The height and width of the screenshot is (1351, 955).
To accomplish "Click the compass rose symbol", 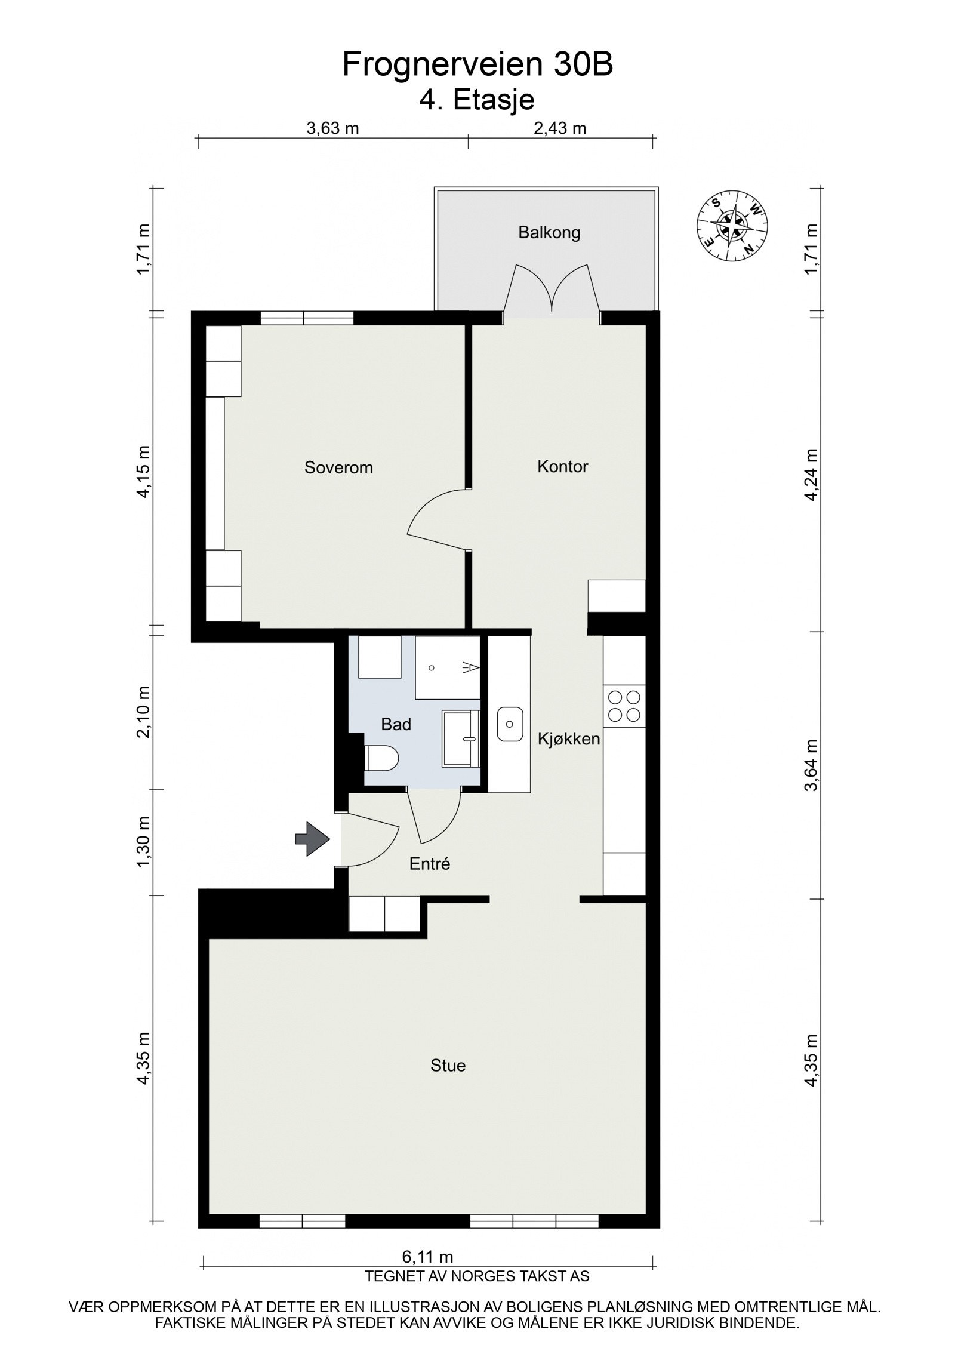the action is (x=732, y=225).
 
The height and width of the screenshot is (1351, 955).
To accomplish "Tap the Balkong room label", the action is (x=549, y=232).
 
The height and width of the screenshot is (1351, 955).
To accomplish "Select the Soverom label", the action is (x=338, y=467).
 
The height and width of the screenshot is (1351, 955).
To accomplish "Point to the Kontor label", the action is (x=562, y=466).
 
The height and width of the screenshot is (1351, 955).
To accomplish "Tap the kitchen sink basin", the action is (x=510, y=725).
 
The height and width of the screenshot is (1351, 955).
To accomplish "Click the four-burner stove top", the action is (x=624, y=706).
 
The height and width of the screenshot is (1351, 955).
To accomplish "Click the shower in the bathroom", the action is (x=448, y=667).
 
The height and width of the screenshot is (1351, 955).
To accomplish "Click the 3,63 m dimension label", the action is (x=332, y=128).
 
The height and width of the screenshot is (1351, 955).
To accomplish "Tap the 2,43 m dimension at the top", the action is (x=560, y=128).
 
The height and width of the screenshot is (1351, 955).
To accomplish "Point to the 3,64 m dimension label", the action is (x=811, y=766).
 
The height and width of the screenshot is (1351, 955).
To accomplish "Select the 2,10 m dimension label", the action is (x=143, y=712).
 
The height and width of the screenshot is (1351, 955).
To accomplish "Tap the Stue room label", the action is (x=448, y=1065).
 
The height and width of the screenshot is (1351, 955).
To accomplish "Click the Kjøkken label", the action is (x=568, y=739).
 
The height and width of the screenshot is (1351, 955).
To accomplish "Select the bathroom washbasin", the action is (x=461, y=738).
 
